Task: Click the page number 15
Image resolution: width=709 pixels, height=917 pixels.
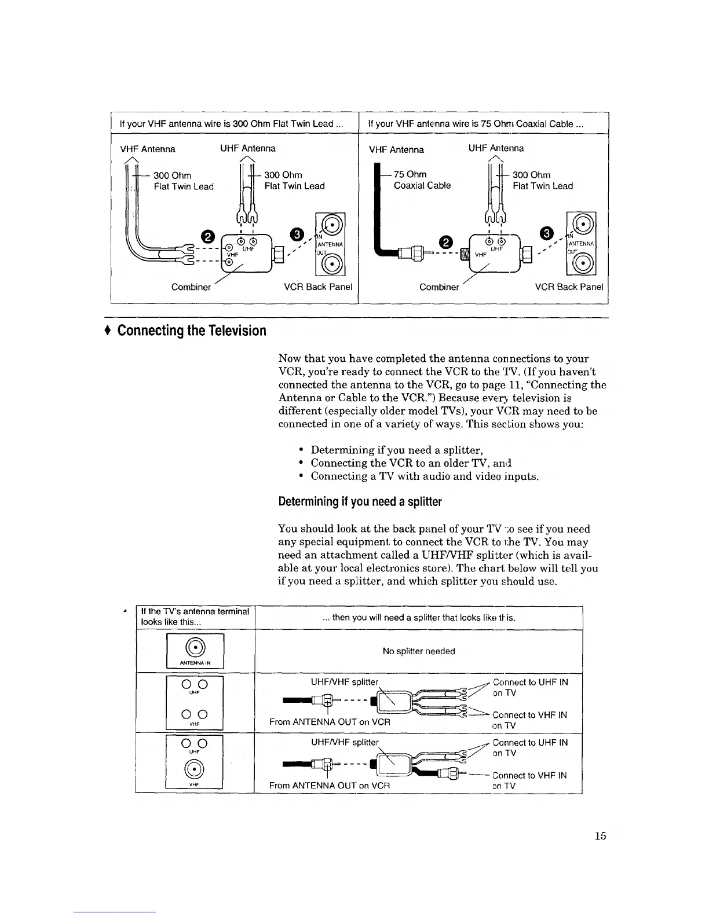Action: pyautogui.click(x=600, y=835)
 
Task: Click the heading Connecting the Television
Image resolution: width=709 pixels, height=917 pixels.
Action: pyautogui.click(x=192, y=331)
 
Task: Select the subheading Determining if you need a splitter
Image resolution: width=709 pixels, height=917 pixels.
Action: pyautogui.click(x=360, y=501)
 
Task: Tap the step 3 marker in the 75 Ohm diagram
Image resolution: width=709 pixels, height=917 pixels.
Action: pyautogui.click(x=546, y=234)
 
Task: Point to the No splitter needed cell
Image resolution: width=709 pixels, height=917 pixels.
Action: pyautogui.click(x=418, y=651)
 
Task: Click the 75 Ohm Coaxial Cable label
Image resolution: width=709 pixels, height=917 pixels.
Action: pyautogui.click(x=422, y=180)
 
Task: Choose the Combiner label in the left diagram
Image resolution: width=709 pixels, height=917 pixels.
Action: pyautogui.click(x=191, y=287)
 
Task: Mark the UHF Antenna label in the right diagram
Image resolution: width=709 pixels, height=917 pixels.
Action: pyautogui.click(x=496, y=148)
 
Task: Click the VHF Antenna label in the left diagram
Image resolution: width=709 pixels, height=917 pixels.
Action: pyautogui.click(x=148, y=149)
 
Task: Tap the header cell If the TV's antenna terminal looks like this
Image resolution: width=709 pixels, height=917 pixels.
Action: pyautogui.click(x=195, y=617)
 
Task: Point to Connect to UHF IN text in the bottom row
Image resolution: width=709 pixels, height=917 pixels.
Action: pyautogui.click(x=530, y=742)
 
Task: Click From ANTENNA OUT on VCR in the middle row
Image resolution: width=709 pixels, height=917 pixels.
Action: pyautogui.click(x=330, y=722)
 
